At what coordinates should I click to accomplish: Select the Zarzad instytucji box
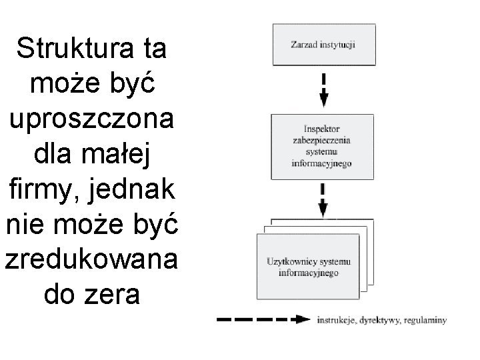coord(323,45)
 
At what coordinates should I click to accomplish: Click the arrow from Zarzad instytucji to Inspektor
coord(324,89)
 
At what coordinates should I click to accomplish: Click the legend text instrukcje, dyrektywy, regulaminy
coord(382,320)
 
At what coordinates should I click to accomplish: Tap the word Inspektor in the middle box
coord(322,129)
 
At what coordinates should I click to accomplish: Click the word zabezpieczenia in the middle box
coord(322,140)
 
